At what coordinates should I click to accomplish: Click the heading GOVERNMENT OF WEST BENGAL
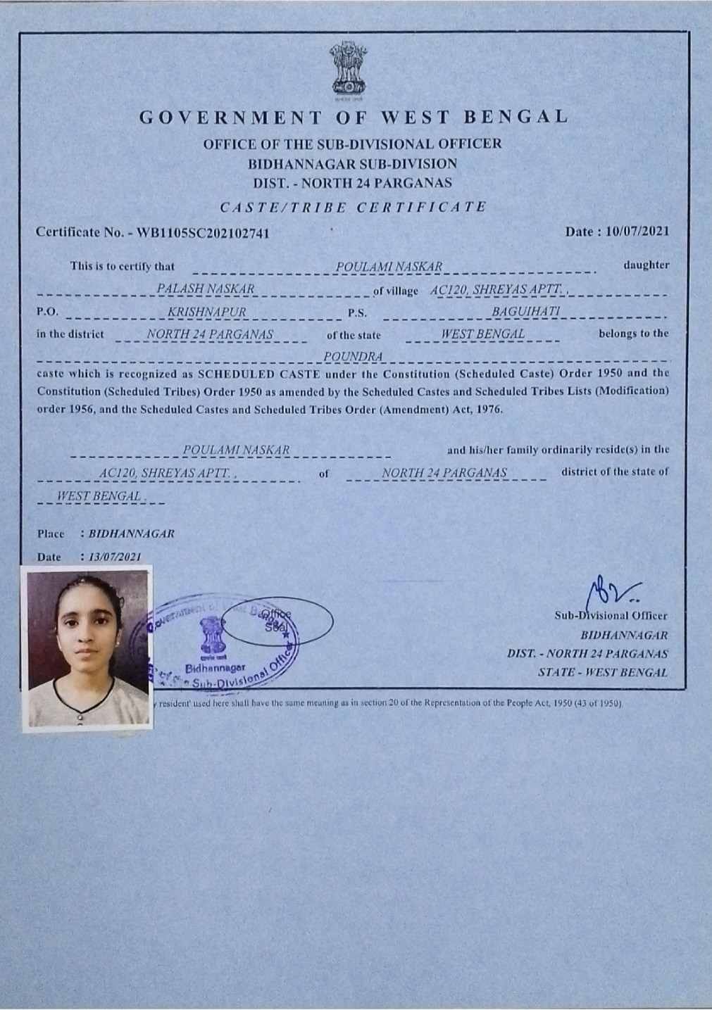pos(354,117)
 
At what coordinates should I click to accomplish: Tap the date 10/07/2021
pos(637,232)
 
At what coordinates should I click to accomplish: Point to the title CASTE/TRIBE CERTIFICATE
pos(354,207)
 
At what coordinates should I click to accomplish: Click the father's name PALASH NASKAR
pos(205,289)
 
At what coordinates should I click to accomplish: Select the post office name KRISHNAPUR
pos(207,312)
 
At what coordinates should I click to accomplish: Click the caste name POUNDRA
pos(354,357)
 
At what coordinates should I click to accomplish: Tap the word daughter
pos(646,265)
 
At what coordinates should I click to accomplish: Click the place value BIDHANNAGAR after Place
pos(132,534)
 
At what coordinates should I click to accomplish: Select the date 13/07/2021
pos(115,557)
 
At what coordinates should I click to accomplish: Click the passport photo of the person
pos(87,648)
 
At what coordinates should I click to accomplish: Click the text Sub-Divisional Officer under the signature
pos(611,616)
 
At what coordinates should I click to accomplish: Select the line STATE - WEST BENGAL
pos(602,672)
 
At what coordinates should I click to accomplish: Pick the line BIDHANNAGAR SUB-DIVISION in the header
pos(352,164)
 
